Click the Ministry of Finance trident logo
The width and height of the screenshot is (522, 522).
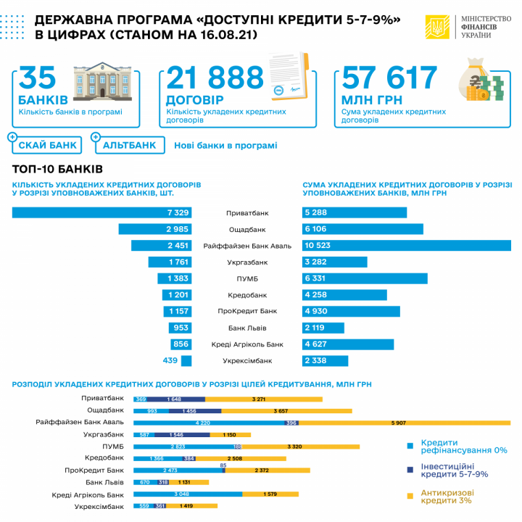click(x=437, y=28)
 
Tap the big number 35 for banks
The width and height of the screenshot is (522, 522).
click(x=38, y=78)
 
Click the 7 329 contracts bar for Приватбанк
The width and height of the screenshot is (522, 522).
click(x=101, y=212)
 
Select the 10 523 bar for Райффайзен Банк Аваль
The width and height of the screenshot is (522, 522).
click(x=406, y=246)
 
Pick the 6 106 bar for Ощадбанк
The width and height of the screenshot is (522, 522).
click(x=362, y=229)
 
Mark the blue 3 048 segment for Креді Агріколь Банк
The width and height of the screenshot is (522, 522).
click(x=187, y=494)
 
